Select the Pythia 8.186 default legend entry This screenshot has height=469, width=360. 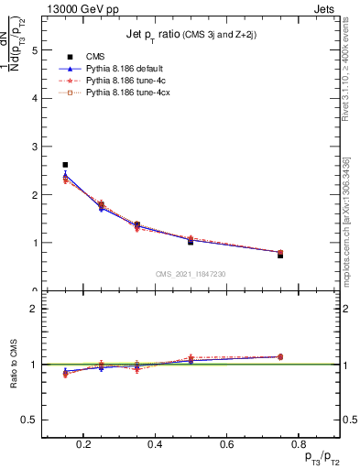click(127, 69)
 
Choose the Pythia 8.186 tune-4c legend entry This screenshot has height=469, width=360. click(126, 81)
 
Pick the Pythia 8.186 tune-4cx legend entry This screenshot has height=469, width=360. click(128, 93)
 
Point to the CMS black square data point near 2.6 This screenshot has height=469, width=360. click(65, 165)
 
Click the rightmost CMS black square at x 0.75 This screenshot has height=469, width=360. click(280, 256)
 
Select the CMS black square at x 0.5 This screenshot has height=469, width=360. click(191, 242)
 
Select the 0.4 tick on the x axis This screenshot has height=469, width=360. click(155, 445)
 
